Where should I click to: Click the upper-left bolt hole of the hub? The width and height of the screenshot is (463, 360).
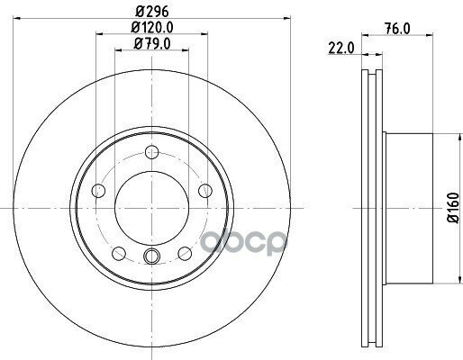98,190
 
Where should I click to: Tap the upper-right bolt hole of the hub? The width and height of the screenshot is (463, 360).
204,190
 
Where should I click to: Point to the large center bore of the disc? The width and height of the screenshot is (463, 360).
151,210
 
